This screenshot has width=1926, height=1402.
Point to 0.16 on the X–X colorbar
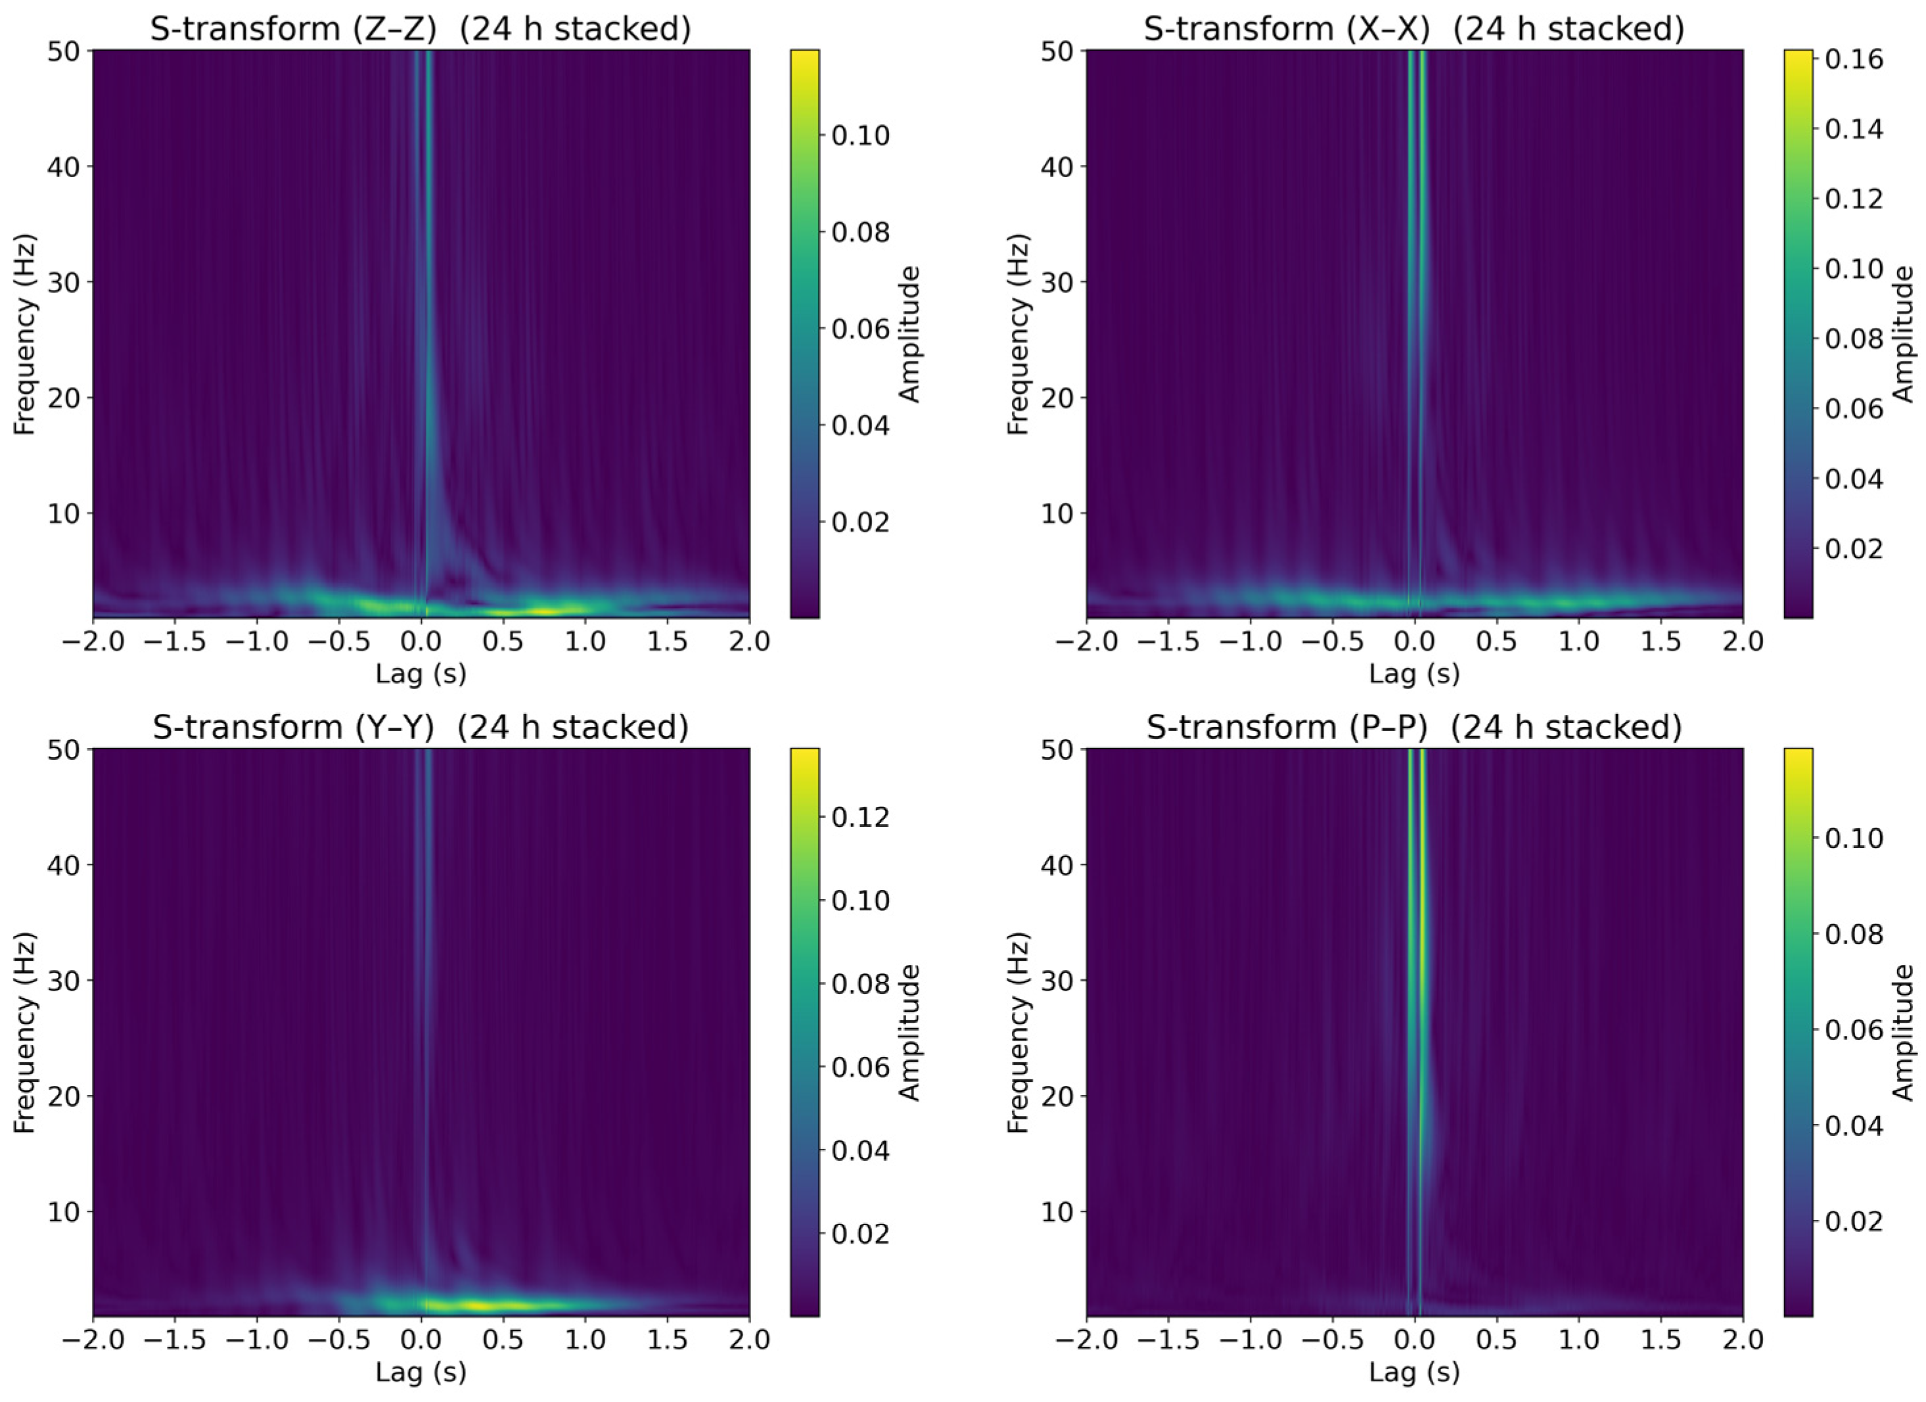(x=1853, y=58)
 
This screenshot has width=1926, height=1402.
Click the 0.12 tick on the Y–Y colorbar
(x=860, y=817)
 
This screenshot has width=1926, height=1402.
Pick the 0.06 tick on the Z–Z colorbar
(x=860, y=329)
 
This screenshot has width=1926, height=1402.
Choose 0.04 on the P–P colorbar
(x=1853, y=1126)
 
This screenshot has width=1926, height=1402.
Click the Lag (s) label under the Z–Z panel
(x=421, y=674)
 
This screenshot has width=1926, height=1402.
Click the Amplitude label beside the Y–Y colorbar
(x=909, y=1033)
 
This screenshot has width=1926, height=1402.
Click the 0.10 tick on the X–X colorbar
(x=1853, y=268)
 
